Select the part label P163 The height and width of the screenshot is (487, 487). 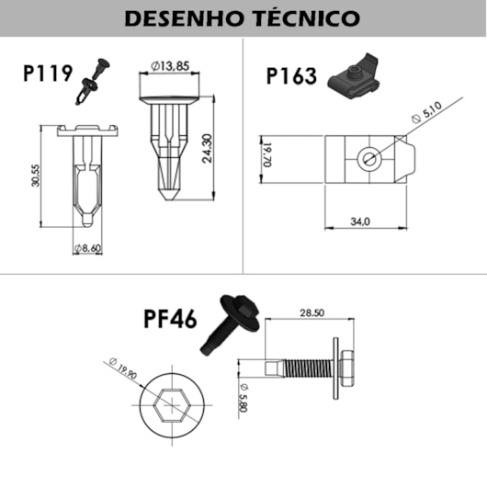pos(291,75)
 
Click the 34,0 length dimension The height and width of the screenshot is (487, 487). pos(360,221)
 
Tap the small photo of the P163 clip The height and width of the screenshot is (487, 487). pos(354,79)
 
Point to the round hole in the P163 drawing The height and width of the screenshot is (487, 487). pos(367,156)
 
